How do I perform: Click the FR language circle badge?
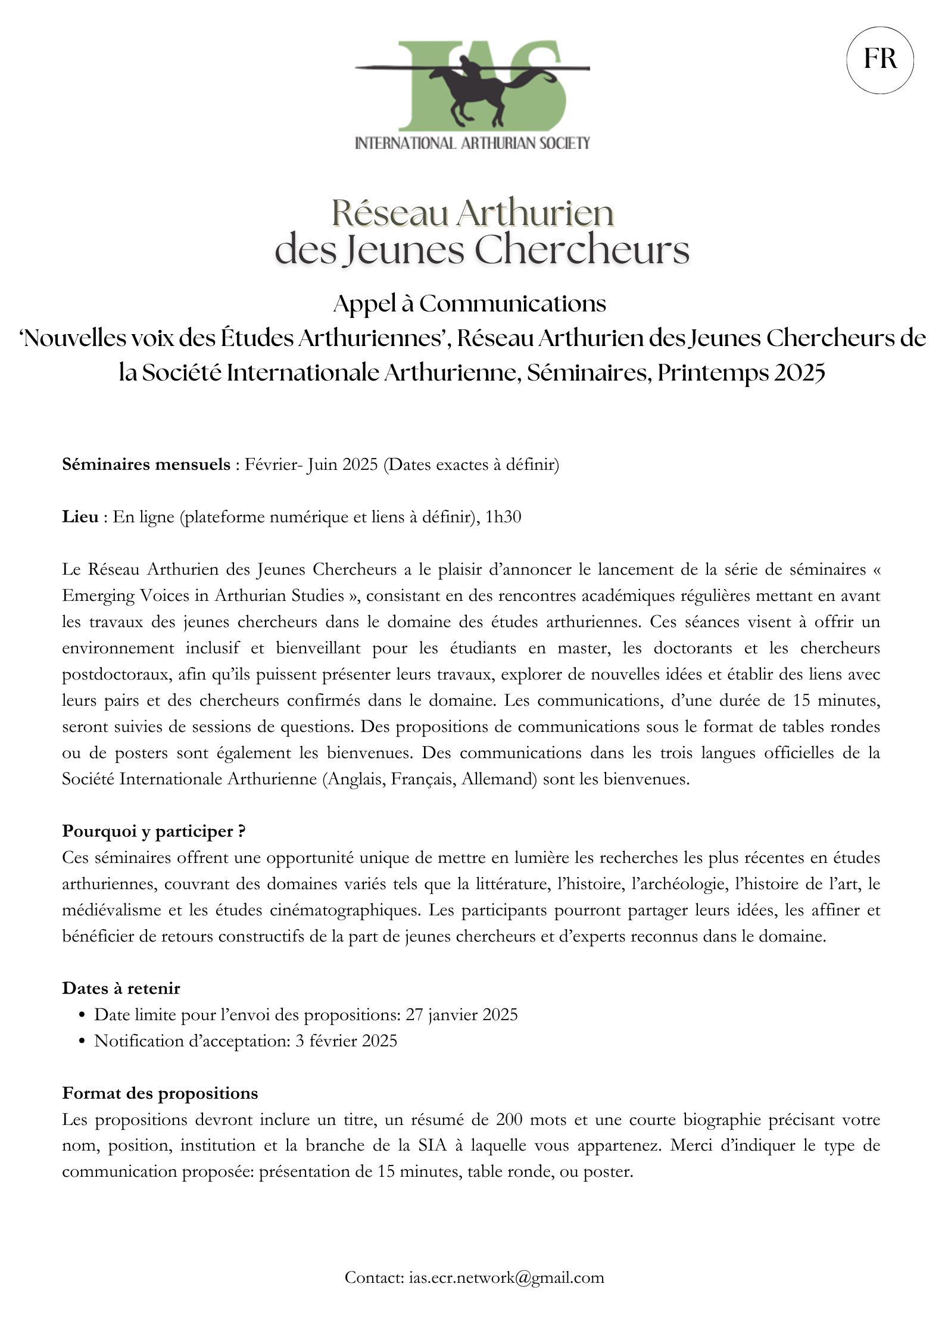coord(879,60)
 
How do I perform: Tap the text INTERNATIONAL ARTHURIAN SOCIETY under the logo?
coord(472,143)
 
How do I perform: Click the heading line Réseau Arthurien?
coord(472,213)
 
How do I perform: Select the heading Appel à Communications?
coord(469,304)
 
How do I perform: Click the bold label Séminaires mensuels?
coord(146,464)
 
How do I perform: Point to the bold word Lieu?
coord(80,516)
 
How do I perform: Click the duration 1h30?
coord(503,516)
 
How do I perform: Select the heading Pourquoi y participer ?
coord(154,831)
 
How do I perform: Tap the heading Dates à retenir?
coord(121,988)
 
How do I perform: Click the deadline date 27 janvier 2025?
coord(461,1014)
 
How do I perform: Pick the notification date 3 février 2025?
coord(345,1040)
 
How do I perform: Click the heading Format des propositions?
coord(160,1093)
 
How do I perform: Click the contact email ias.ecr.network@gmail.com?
coord(506,1277)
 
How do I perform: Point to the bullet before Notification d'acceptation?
coord(82,1041)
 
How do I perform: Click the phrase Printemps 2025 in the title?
coord(741,373)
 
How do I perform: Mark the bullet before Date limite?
coord(82,1015)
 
